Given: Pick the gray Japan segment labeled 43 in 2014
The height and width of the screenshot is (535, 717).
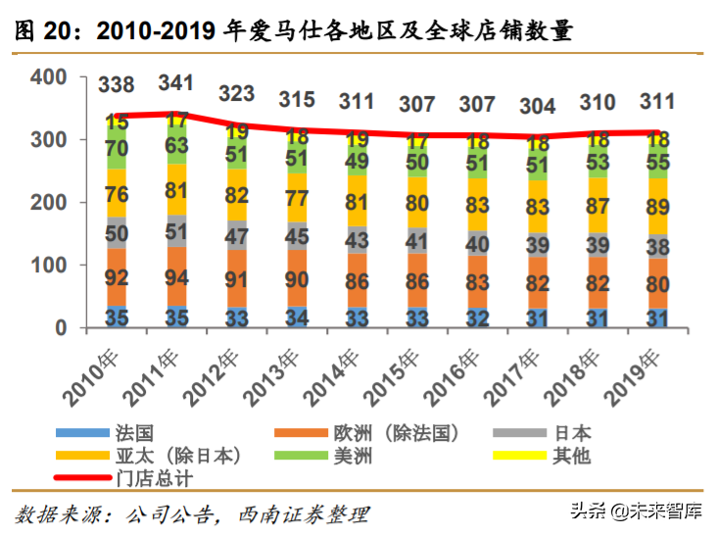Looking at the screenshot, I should click(357, 238).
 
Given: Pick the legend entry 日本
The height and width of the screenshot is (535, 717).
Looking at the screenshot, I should click(572, 432).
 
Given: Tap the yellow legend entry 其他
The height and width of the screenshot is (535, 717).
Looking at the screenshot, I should click(572, 456).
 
